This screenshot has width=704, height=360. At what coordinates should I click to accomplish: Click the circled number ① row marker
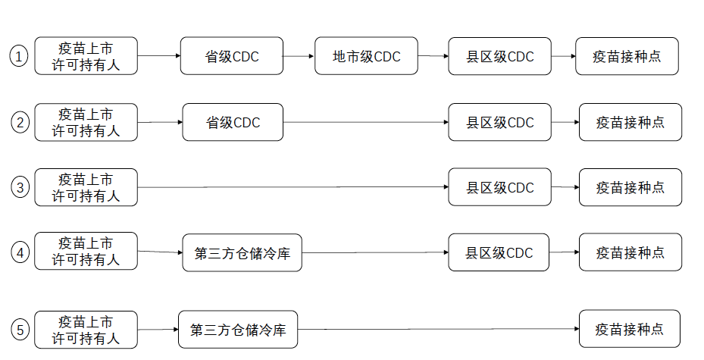click(x=19, y=56)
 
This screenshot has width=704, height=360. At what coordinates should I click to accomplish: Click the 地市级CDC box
click(x=366, y=57)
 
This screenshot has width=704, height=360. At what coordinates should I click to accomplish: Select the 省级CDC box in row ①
click(x=231, y=57)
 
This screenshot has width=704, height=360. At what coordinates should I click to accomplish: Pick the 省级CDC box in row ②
click(x=233, y=123)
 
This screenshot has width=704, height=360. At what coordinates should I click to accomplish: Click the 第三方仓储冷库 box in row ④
click(x=236, y=253)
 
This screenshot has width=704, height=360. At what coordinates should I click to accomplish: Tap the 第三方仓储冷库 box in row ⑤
click(x=238, y=330)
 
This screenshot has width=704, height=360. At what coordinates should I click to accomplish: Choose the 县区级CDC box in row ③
click(x=499, y=188)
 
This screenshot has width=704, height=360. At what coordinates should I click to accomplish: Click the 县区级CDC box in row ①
click(x=499, y=57)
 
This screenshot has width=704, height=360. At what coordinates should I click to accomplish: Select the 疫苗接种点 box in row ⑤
click(x=629, y=330)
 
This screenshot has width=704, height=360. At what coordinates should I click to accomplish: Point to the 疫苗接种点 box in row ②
click(x=630, y=123)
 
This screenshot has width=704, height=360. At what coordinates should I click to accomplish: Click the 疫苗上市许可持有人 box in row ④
click(x=86, y=252)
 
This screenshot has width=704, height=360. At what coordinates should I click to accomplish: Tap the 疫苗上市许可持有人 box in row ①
click(x=86, y=56)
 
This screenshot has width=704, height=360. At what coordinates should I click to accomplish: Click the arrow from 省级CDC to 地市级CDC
click(x=299, y=56)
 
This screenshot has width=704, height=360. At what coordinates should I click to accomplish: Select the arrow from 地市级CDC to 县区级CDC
click(x=433, y=56)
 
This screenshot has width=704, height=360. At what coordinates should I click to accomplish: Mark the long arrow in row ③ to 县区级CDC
click(x=293, y=187)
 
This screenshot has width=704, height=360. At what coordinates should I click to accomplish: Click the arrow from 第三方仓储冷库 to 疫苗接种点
click(x=438, y=330)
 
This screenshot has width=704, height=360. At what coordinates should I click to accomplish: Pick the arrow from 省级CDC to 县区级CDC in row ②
click(x=365, y=123)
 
